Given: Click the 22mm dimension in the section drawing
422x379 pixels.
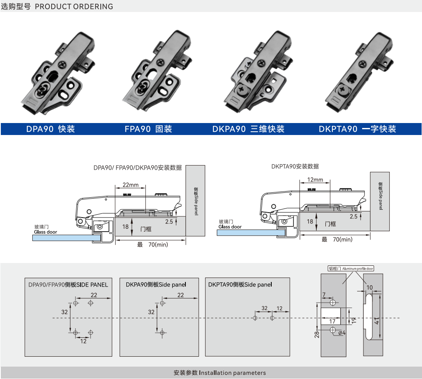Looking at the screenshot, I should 130,185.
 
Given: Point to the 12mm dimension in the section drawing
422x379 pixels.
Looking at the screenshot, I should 315,180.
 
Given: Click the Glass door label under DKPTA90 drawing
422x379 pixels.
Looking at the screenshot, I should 230,227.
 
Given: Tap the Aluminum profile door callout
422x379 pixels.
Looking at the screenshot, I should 351,268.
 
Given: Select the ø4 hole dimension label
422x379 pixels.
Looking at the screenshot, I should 341,333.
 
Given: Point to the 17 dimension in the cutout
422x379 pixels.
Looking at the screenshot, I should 332,321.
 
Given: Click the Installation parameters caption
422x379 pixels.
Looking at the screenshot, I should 220,373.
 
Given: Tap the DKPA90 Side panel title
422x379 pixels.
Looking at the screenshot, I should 156,284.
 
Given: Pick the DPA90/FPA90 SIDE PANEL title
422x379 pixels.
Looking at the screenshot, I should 68,284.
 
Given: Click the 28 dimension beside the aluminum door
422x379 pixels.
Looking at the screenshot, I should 317,334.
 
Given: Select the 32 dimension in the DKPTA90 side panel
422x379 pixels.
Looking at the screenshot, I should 264,308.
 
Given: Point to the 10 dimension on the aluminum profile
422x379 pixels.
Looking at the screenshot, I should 369,287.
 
